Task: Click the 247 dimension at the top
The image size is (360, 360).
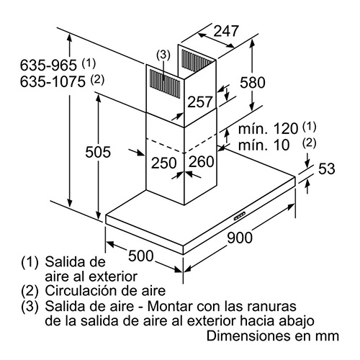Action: point(226,31)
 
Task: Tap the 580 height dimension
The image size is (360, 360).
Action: point(253,82)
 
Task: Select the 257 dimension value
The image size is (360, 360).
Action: point(200,102)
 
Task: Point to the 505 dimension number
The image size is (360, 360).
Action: point(98,152)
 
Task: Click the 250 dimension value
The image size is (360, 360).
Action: point(164,163)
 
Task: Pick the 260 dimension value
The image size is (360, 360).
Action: point(201,161)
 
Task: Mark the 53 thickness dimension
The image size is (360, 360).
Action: point(326,168)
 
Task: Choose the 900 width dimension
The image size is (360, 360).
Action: point(240,238)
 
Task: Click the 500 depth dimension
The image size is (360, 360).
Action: point(140,256)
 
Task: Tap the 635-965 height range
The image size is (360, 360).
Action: point(48,65)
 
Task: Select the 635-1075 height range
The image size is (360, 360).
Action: point(53,81)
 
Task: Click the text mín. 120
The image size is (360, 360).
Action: point(268,129)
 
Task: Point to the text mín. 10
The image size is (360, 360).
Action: point(264,145)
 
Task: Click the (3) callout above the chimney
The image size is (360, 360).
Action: point(163,55)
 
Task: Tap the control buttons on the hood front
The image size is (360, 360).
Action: point(240,216)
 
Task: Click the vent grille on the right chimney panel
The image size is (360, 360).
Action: point(197,60)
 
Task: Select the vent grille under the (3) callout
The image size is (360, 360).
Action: point(165,84)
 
